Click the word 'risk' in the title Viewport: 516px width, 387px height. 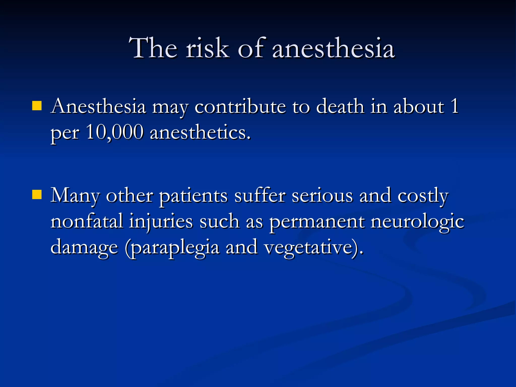tap(207, 48)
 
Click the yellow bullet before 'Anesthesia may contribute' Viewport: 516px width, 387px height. tap(37, 106)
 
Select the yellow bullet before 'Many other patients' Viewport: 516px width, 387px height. tap(37, 195)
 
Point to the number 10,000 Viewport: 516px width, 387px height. tap(115, 132)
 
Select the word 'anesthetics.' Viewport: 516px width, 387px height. tap(200, 132)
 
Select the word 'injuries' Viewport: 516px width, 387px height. tap(161, 221)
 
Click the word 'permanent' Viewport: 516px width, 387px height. tap(317, 221)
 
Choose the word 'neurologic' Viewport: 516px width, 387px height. tap(417, 221)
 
